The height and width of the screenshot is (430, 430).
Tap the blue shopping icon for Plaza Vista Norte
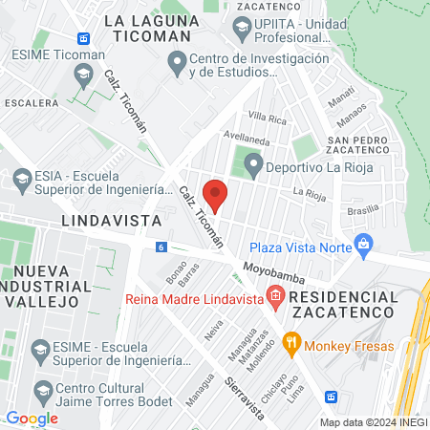point(363,246)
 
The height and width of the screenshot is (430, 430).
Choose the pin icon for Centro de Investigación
point(176,65)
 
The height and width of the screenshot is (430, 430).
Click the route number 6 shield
point(161,247)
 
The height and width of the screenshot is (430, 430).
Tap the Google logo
point(32,418)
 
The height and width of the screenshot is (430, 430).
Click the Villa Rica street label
point(267,118)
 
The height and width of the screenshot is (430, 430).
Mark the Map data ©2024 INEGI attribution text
point(373,421)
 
